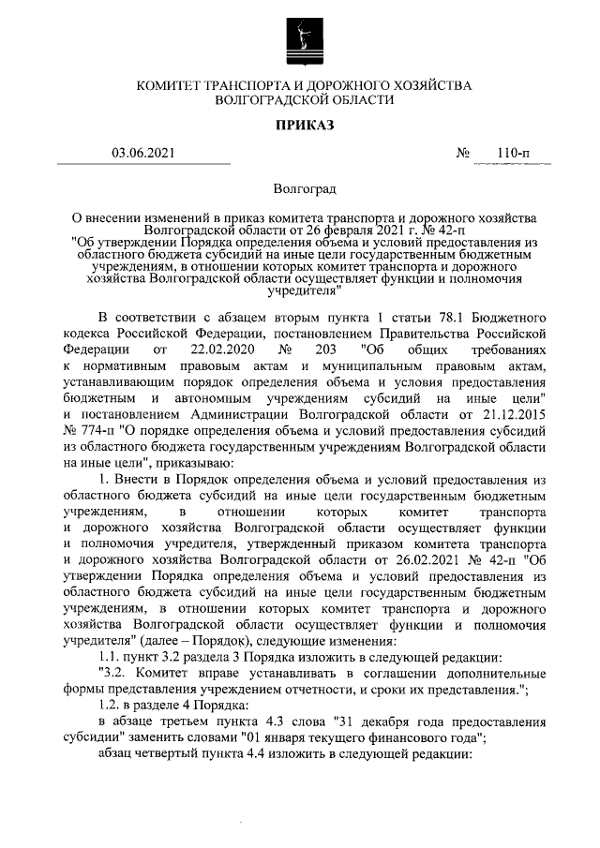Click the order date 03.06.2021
pos(142,154)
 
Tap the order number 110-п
pos(513,154)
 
